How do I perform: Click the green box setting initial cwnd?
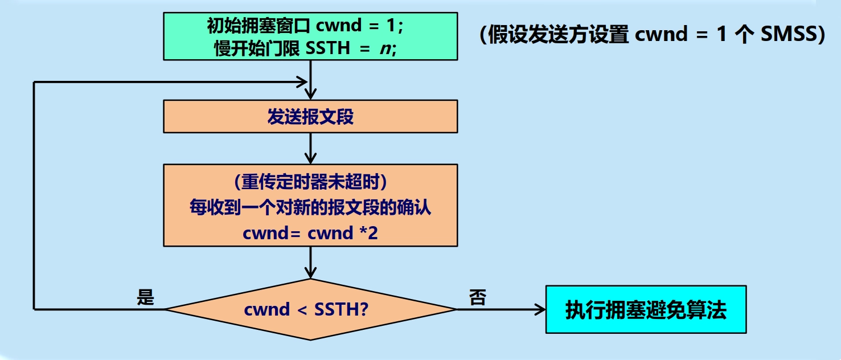point(310,36)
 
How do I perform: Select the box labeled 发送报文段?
point(310,116)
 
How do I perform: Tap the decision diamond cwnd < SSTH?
point(310,310)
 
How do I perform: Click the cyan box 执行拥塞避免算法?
point(646,309)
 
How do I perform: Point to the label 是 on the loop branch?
point(146,297)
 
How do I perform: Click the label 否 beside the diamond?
point(477,297)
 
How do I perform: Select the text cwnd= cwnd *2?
point(310,234)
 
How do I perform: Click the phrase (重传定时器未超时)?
point(310,182)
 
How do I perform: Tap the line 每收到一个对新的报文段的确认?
point(310,208)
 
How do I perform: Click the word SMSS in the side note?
point(790,35)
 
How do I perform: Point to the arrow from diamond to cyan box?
point(501,309)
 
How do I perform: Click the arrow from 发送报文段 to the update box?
point(310,148)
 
